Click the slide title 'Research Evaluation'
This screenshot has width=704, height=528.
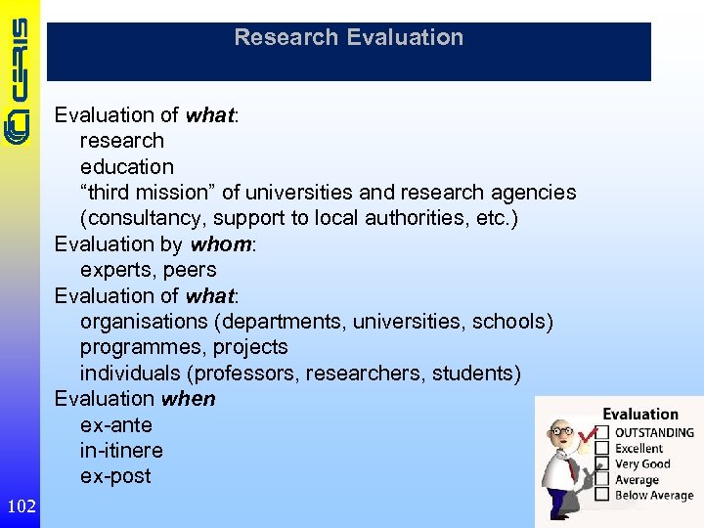(x=348, y=38)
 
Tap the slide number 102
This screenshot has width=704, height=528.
(x=21, y=506)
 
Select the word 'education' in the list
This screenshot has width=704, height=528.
(x=127, y=167)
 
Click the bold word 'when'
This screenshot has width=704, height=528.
(x=190, y=399)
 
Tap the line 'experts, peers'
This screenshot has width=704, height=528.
(x=148, y=270)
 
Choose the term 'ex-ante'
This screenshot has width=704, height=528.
(x=116, y=425)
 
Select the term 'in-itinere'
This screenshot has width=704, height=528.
(x=121, y=451)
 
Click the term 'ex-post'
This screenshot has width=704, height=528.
(x=115, y=476)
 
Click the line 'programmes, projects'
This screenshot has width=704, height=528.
(x=184, y=347)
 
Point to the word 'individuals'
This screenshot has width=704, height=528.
(x=130, y=374)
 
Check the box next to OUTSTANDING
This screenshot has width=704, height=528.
(x=603, y=432)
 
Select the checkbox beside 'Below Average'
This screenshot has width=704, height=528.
(x=603, y=496)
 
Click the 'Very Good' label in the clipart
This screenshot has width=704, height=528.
(x=642, y=464)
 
